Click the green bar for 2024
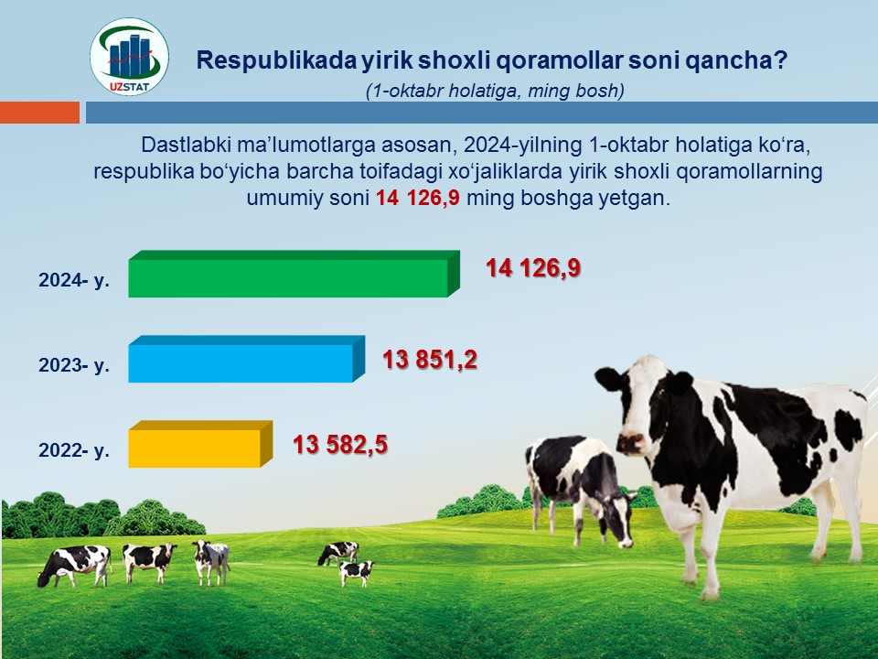click(x=294, y=274)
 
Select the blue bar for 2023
click(x=246, y=359)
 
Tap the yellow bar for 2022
click(x=200, y=445)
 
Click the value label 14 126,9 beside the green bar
click(x=533, y=268)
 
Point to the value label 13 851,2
click(x=430, y=359)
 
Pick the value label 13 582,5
click(x=340, y=445)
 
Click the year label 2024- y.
click(x=74, y=280)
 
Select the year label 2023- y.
click(x=74, y=365)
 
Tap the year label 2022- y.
click(x=74, y=450)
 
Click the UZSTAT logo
click(x=129, y=57)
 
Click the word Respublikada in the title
click(x=275, y=60)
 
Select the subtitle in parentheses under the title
click(x=495, y=91)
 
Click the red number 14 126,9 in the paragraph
click(x=417, y=198)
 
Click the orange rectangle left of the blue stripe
click(x=39, y=112)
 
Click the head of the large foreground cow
click(x=641, y=405)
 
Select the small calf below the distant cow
click(x=357, y=573)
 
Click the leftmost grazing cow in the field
click(x=74, y=567)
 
